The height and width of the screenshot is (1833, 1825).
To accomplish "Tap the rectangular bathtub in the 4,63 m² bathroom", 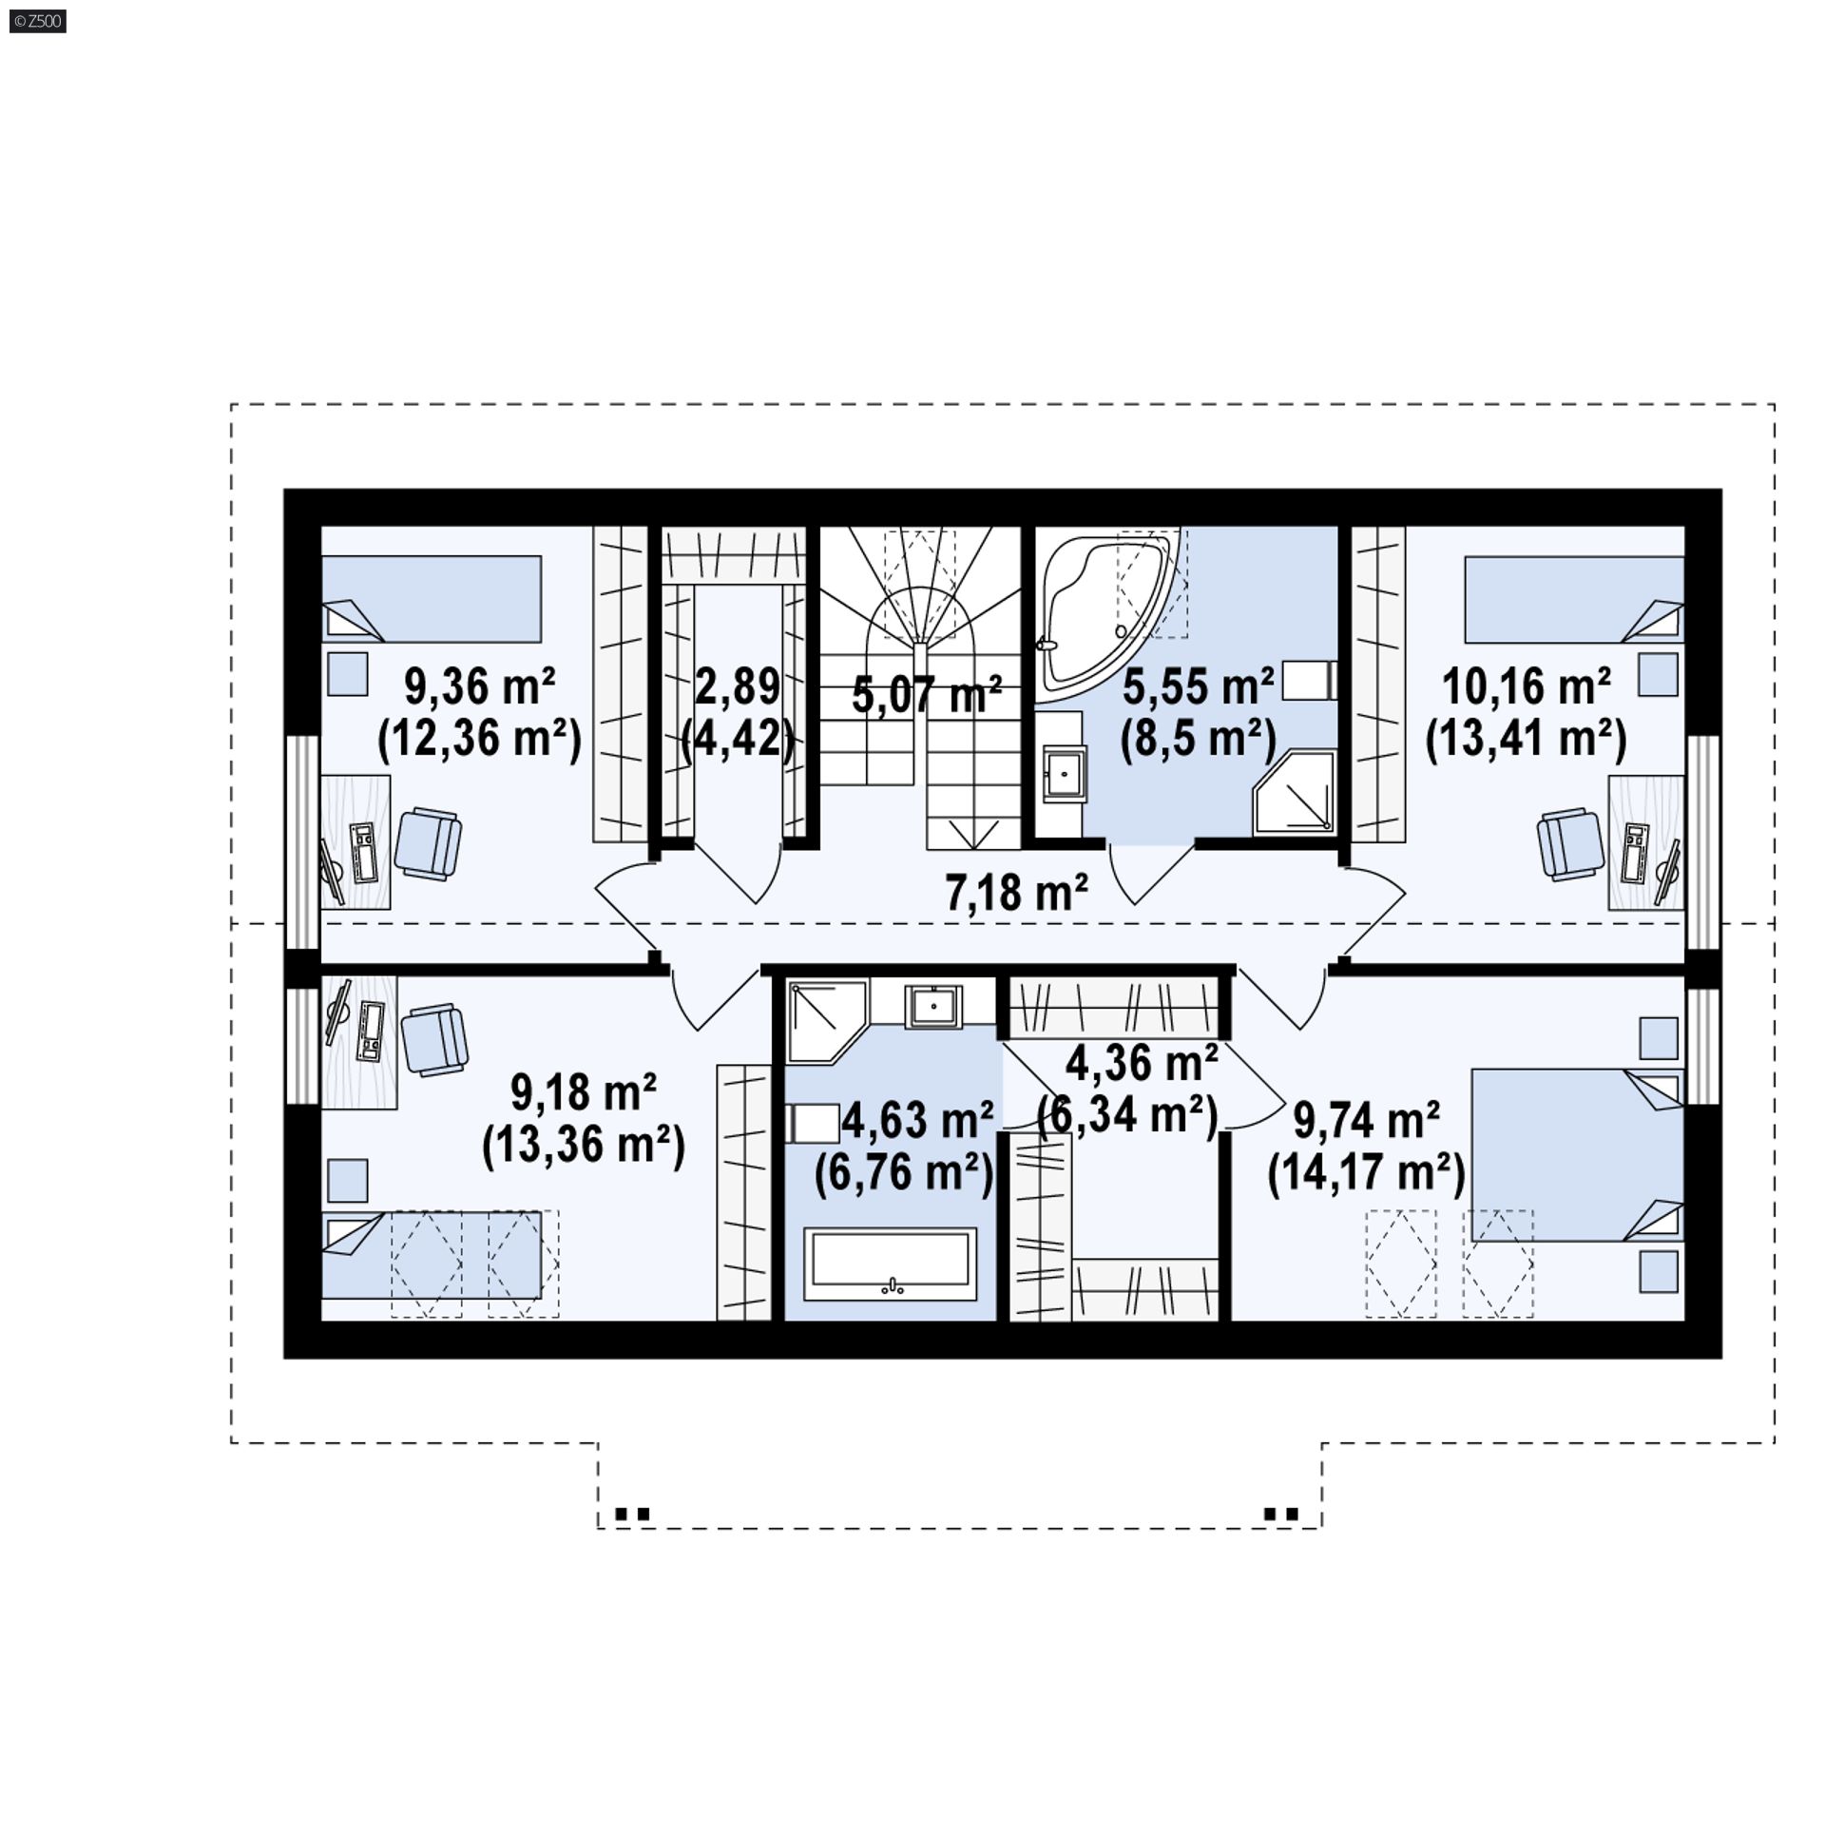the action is [x=891, y=1264].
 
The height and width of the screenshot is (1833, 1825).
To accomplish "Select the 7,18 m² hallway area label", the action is [x=1016, y=893].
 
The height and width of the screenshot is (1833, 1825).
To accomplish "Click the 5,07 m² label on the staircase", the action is [x=927, y=694].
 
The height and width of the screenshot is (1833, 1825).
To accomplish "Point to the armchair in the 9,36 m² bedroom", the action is [x=428, y=842].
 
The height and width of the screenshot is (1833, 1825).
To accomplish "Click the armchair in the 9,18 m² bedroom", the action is [x=434, y=1041].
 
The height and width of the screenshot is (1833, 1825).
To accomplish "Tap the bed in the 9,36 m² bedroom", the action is [x=432, y=599].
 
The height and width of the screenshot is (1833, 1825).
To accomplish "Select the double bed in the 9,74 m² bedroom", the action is [x=1578, y=1155].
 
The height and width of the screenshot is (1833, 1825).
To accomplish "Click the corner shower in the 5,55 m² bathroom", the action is [x=1295, y=793].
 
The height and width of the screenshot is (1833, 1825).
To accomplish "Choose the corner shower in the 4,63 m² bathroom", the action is [x=828, y=1022].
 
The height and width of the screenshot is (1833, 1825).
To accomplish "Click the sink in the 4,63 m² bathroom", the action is [x=934, y=1007].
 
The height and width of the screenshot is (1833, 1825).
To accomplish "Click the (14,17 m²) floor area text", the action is [x=1366, y=1173].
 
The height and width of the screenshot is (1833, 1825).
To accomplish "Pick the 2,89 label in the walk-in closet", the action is [x=738, y=686].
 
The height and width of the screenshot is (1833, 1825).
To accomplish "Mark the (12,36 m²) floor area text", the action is [x=479, y=738].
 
